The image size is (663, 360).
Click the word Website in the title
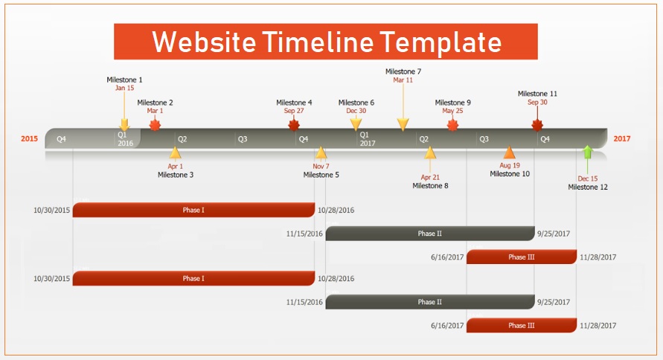tap(204, 42)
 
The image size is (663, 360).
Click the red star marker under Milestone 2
tap(156, 125)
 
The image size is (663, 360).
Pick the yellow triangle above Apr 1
tap(175, 152)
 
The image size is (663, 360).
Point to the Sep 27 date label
tap(294, 111)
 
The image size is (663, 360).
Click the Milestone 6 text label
tap(356, 103)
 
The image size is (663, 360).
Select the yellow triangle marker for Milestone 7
tap(403, 124)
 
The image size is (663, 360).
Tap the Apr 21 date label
tap(430, 178)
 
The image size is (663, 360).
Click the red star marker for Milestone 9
tap(453, 125)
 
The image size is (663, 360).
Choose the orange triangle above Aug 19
tap(510, 152)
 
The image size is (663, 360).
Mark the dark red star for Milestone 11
tap(537, 125)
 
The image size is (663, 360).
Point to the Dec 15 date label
tap(588, 179)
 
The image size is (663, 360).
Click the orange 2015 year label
tap(29, 138)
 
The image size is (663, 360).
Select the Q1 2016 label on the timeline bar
tap(125, 139)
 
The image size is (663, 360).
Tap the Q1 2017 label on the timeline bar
tap(368, 139)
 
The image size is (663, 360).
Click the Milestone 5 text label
tap(321, 175)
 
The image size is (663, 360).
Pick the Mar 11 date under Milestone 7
tap(403, 80)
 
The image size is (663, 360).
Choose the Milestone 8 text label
tap(430, 186)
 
